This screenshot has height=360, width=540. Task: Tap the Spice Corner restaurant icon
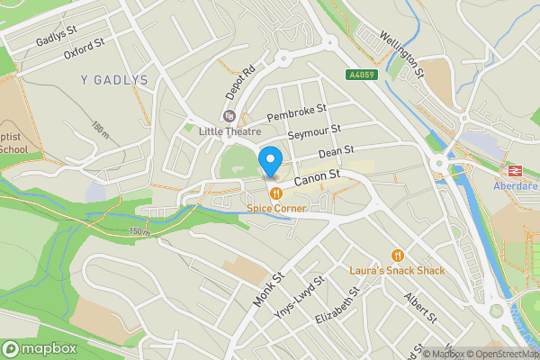(x=275, y=193)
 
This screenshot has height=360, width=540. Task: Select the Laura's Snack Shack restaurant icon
(x=398, y=255)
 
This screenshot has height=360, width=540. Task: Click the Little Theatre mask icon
(x=229, y=116)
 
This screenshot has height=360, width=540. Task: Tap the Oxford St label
(x=85, y=48)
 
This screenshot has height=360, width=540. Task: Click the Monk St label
(x=267, y=289)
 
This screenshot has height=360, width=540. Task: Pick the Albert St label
(x=420, y=307)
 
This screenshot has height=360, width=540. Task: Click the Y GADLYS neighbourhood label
(x=115, y=80)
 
